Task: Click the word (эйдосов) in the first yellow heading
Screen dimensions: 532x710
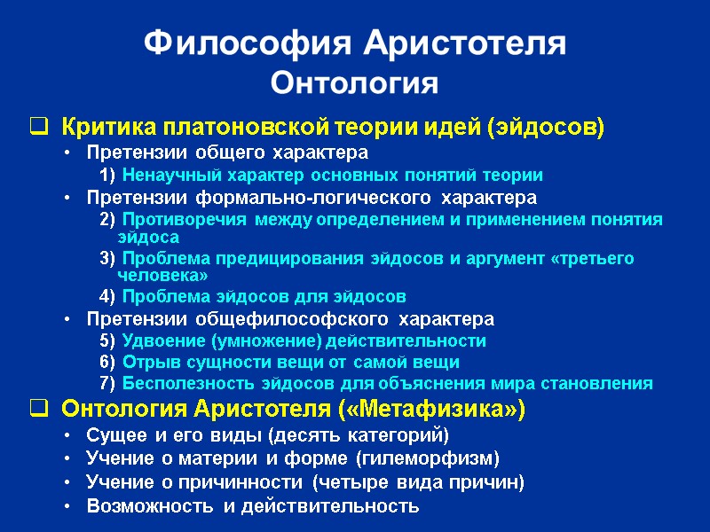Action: [546, 128]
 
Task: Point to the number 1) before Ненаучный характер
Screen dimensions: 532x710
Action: [107, 175]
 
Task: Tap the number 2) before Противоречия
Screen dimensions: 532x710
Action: [107, 219]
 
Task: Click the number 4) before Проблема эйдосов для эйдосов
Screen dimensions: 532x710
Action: [107, 296]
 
